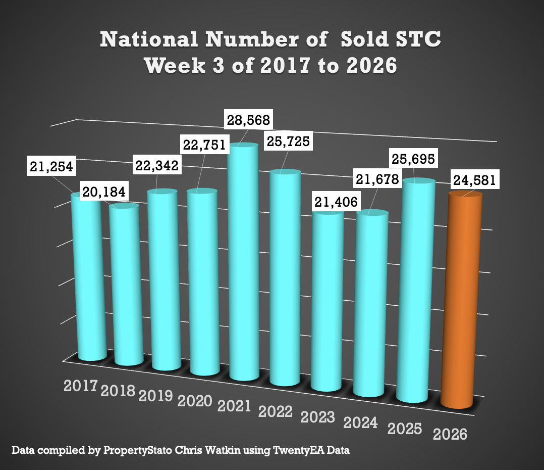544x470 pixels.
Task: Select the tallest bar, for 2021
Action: click(x=244, y=263)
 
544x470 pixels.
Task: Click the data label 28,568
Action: click(x=247, y=121)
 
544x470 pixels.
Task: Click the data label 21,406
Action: click(x=335, y=202)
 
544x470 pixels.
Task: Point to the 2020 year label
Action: click(x=195, y=401)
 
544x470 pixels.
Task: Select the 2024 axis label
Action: click(x=360, y=422)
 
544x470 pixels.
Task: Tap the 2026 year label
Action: click(x=450, y=434)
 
